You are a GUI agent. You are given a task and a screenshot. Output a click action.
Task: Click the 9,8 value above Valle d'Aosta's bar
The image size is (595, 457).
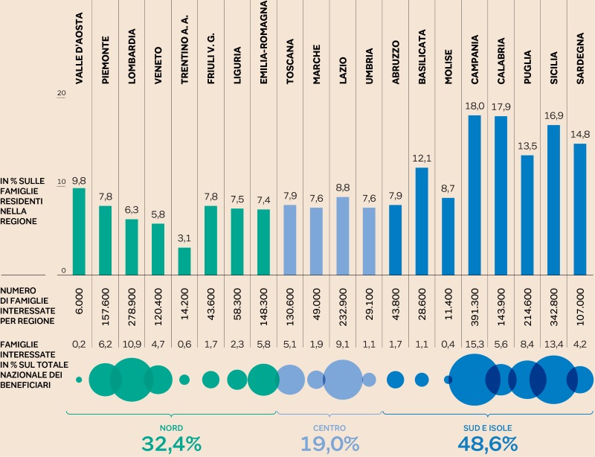(x=79, y=180)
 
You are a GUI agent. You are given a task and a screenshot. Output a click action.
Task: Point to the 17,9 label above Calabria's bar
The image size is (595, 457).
(x=501, y=107)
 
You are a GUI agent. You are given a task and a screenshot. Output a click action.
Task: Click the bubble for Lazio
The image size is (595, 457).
(x=343, y=380)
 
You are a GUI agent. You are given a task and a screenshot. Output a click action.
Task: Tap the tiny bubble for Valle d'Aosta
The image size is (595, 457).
(x=79, y=380)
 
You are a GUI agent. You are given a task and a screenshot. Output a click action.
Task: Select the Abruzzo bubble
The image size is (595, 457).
(x=396, y=380)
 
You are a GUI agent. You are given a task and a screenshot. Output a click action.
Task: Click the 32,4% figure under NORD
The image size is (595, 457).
(x=171, y=444)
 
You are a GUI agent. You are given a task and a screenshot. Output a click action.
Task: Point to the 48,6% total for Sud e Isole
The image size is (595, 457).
(x=488, y=444)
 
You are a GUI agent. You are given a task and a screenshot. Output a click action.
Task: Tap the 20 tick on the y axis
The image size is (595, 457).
(x=62, y=93)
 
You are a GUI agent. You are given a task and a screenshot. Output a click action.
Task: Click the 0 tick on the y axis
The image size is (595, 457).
(x=64, y=270)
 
